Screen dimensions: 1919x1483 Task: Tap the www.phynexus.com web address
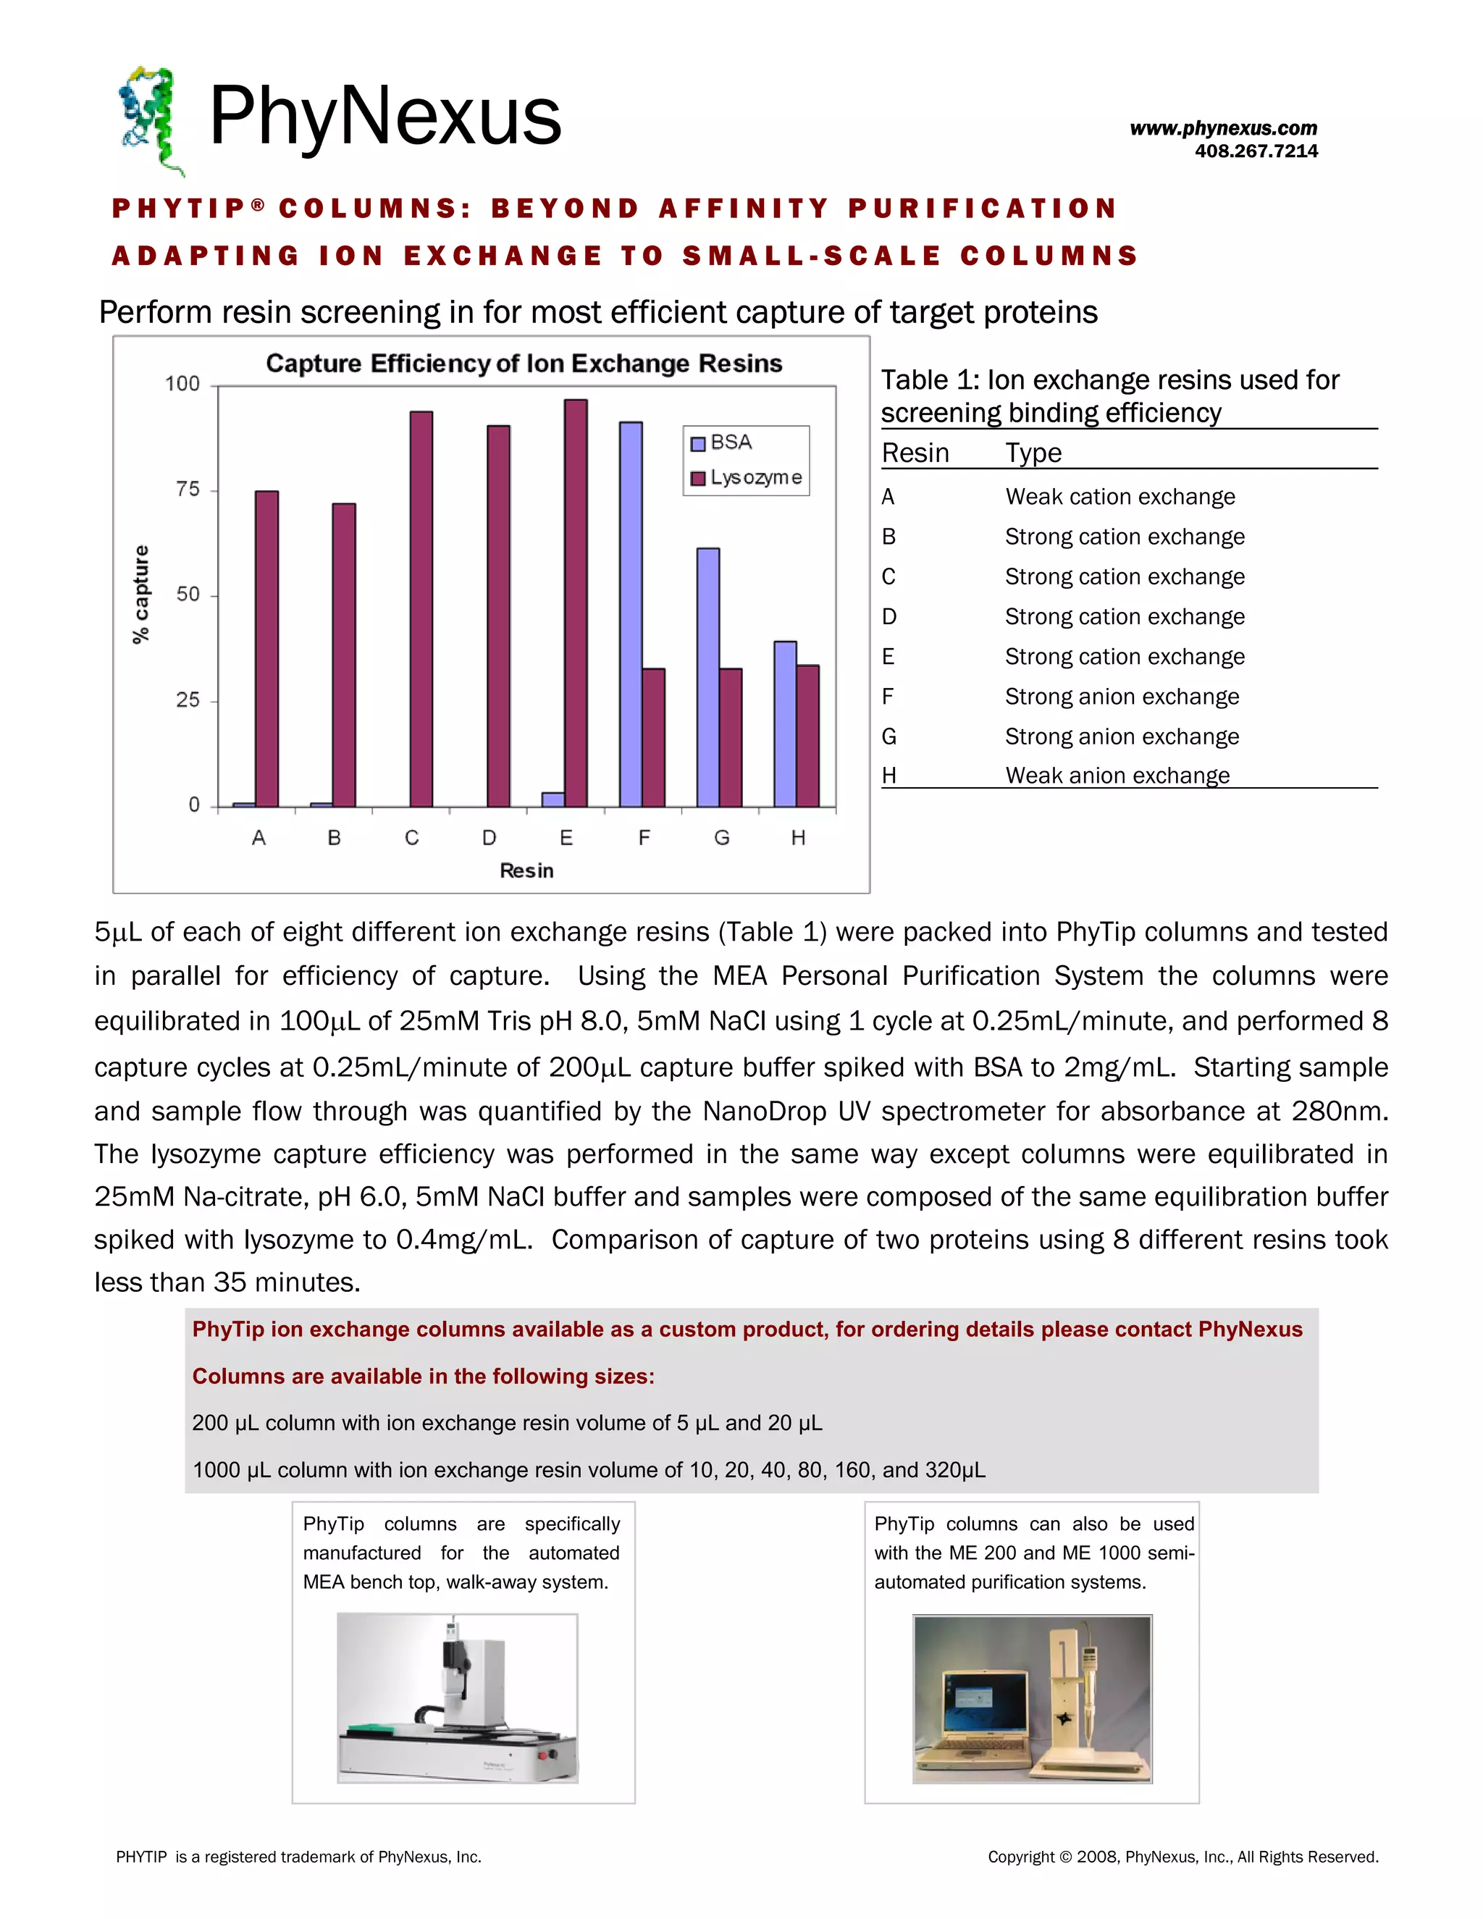[x=1223, y=128]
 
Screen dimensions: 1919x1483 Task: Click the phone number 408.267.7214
[x=1256, y=151]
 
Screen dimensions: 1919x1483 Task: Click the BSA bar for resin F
[x=631, y=614]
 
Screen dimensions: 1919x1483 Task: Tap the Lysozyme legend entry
[x=747, y=478]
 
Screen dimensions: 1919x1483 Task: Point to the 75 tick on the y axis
[x=188, y=490]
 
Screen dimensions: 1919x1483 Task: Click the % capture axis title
[x=140, y=594]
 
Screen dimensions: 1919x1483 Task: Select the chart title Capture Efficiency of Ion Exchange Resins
[x=524, y=364]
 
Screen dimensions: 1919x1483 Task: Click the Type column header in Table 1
[x=1033, y=453]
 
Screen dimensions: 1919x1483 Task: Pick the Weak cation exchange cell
[x=1119, y=497]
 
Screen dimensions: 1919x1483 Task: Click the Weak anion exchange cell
[x=1117, y=775]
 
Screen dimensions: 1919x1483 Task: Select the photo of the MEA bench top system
[x=457, y=1697]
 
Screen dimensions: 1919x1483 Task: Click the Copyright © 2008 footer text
[x=1182, y=1857]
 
